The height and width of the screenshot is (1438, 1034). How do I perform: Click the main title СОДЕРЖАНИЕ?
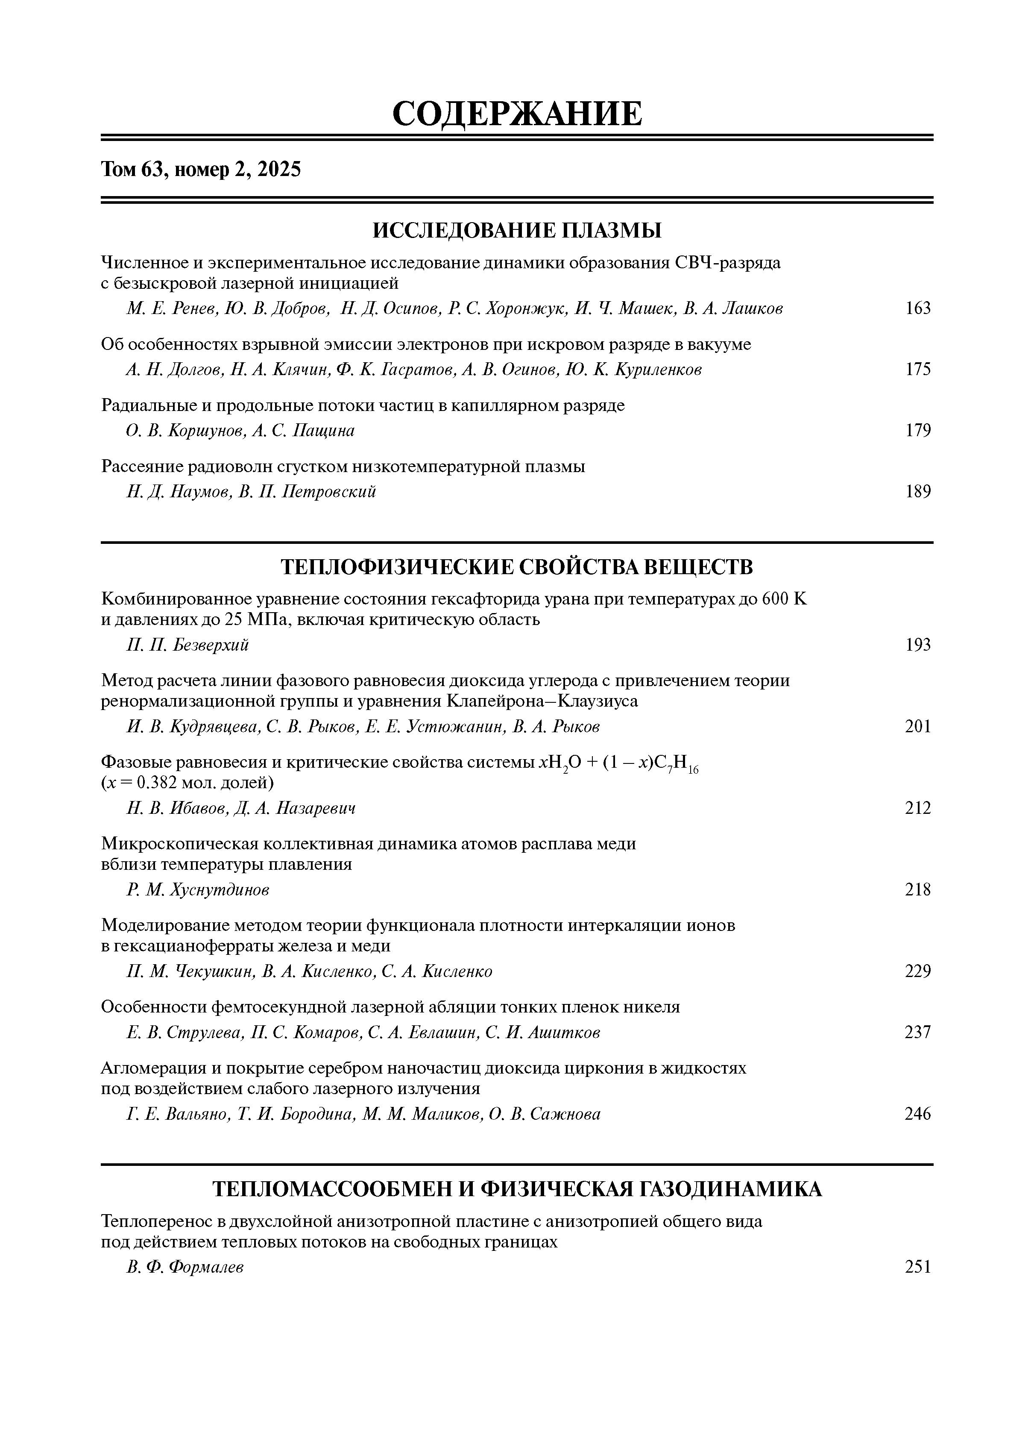[517, 114]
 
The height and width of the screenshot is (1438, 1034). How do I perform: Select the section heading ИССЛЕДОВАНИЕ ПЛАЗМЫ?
[517, 230]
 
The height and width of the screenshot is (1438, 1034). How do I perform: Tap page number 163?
[917, 309]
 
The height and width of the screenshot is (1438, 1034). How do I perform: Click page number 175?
[917, 370]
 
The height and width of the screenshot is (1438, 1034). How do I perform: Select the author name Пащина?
[323, 431]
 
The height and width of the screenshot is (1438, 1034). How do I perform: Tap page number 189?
[917, 492]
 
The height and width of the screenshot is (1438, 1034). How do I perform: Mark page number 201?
[917, 727]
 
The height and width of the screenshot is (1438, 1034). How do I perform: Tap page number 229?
[917, 972]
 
